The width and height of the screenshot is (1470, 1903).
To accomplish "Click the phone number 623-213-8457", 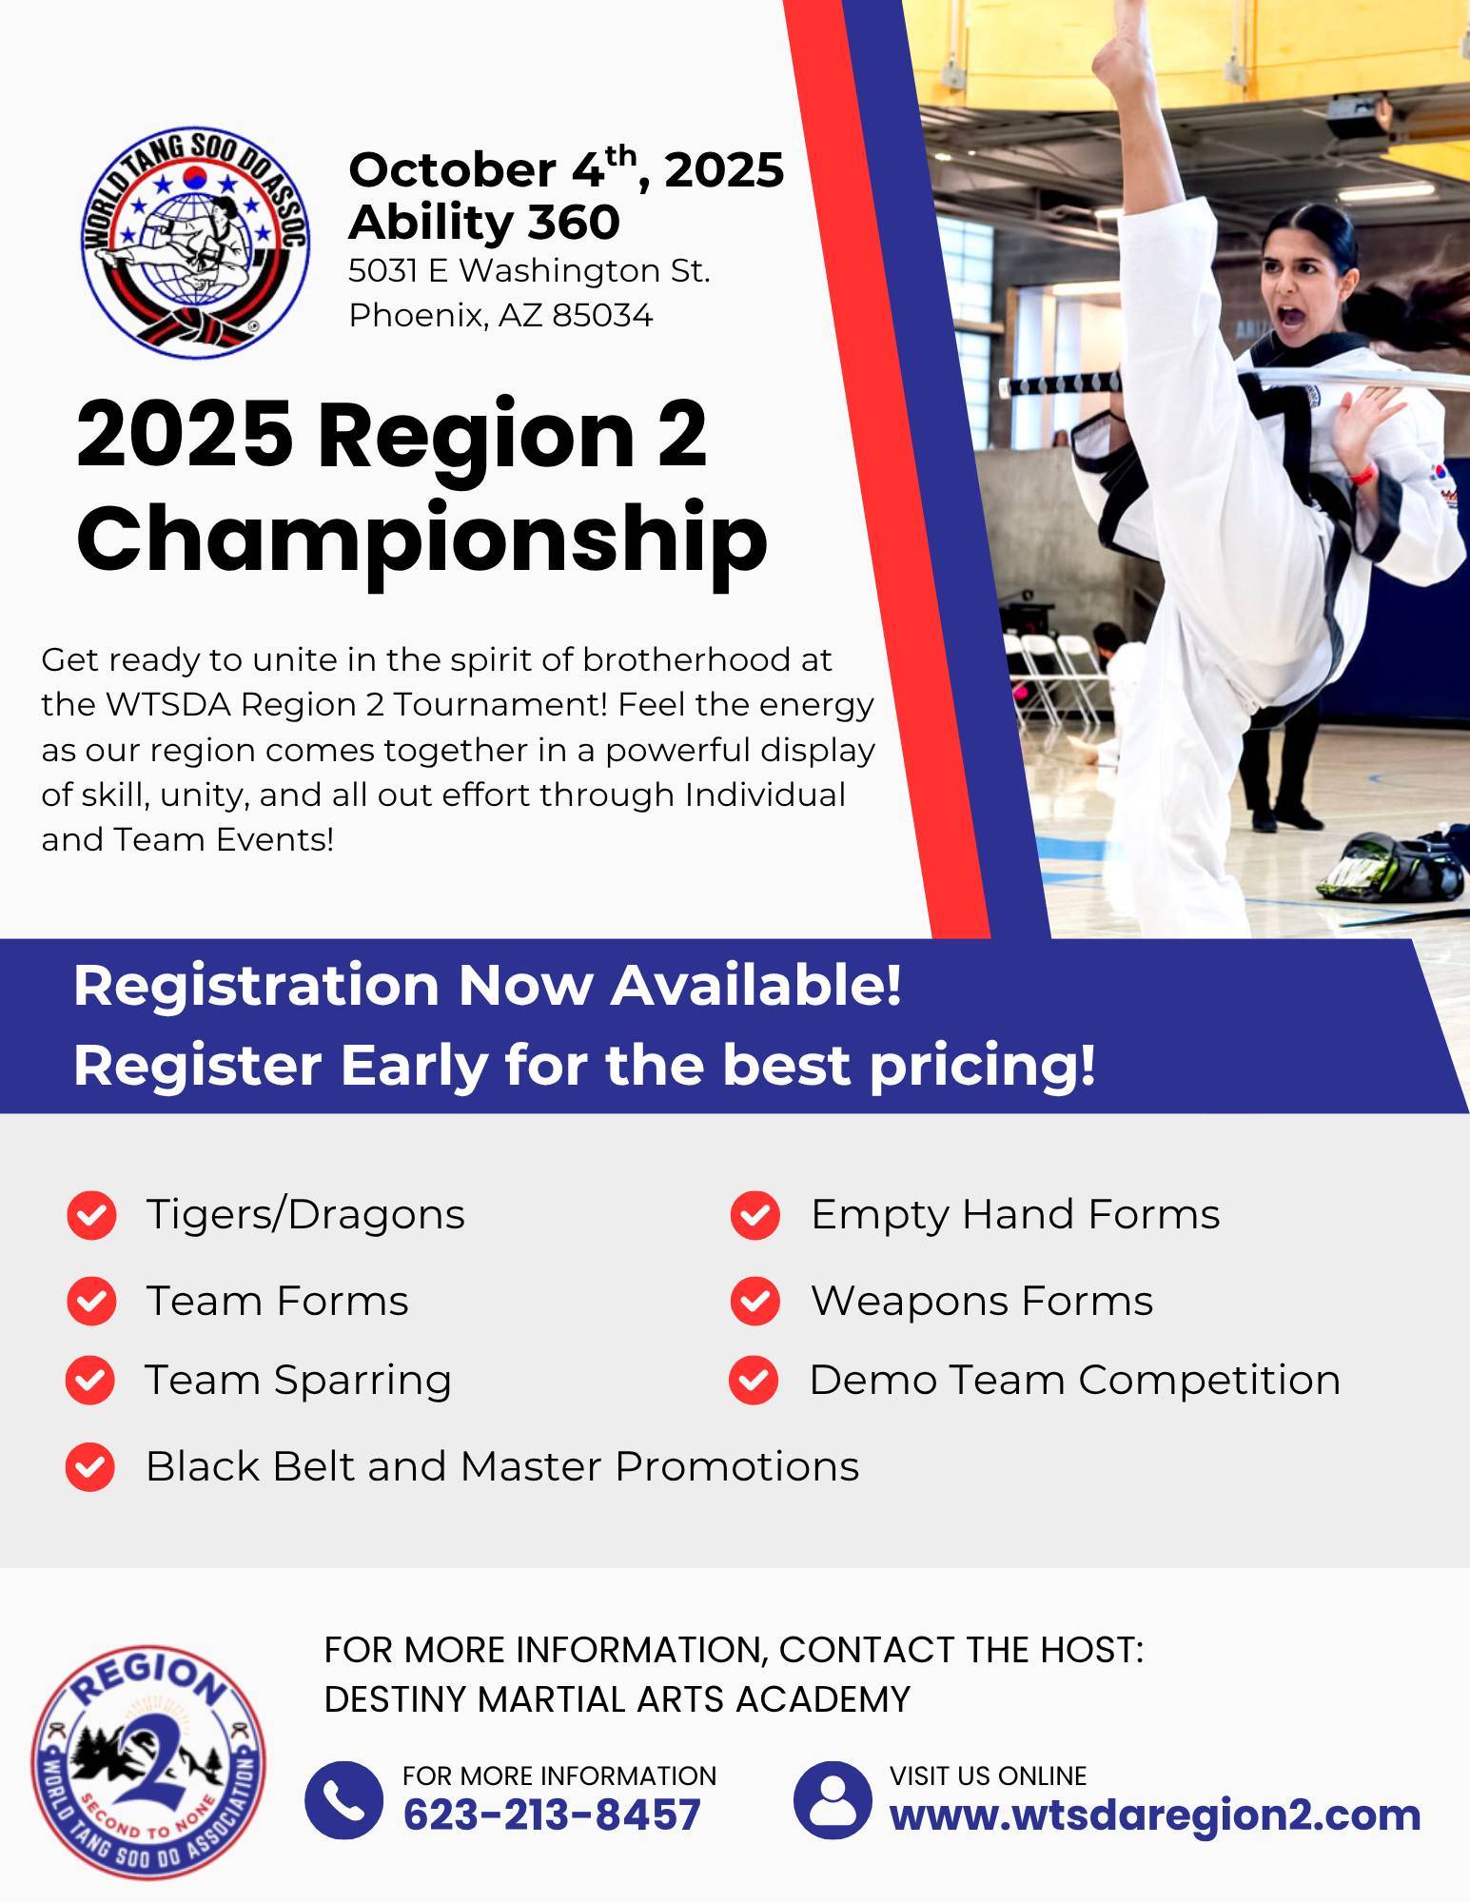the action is [552, 1815].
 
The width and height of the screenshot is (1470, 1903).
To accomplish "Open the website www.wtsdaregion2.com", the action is [1155, 1815].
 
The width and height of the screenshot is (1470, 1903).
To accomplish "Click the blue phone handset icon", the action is [343, 1799].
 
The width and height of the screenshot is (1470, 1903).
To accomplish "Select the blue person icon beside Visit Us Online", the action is [833, 1799].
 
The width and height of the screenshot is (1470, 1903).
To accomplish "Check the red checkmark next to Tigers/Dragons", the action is [92, 1215].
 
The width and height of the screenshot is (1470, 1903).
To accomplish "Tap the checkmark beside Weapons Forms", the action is [755, 1301].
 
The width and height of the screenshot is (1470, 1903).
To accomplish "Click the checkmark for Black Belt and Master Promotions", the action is [90, 1466].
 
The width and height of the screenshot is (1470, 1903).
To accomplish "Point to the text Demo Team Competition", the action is [1075, 1380].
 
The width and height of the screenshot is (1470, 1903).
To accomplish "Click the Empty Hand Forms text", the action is [1015, 1215].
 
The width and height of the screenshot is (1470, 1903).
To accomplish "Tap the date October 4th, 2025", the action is [566, 168].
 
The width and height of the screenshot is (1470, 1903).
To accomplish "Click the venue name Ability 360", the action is [484, 222].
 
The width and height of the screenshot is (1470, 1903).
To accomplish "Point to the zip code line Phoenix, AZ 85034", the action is [501, 315].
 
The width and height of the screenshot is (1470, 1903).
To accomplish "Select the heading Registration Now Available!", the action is [487, 986].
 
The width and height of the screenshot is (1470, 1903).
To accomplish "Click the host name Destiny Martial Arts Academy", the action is [617, 1698].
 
